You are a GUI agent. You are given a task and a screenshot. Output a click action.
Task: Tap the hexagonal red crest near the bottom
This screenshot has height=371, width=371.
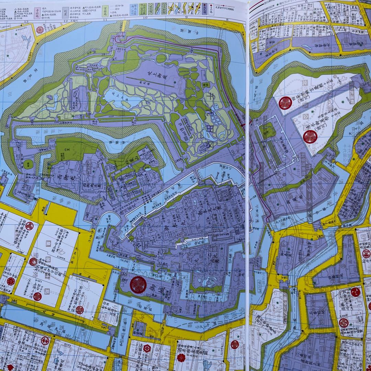[x=147, y=348]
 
